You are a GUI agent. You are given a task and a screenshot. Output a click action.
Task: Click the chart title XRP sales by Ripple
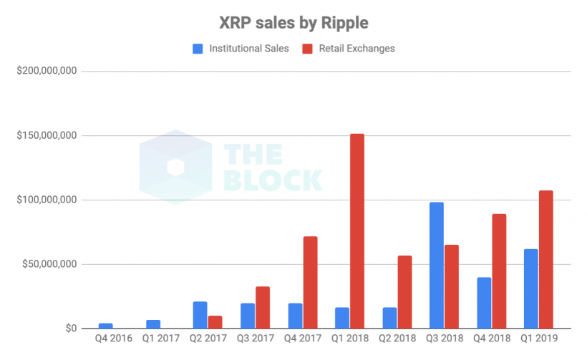click(293, 23)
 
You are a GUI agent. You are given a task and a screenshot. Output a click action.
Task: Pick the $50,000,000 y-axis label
click(45, 265)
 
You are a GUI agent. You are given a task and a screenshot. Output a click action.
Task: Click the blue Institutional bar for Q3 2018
click(435, 266)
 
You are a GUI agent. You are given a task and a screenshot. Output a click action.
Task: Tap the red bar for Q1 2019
click(545, 260)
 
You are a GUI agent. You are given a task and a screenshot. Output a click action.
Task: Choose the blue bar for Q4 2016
click(105, 326)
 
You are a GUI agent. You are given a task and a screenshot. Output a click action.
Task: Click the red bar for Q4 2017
click(310, 283)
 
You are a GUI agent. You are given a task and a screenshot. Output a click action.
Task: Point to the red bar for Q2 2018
click(404, 292)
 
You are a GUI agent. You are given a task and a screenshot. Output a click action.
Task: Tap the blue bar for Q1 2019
click(530, 289)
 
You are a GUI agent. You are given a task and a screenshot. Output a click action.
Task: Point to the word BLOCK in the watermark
click(273, 180)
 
